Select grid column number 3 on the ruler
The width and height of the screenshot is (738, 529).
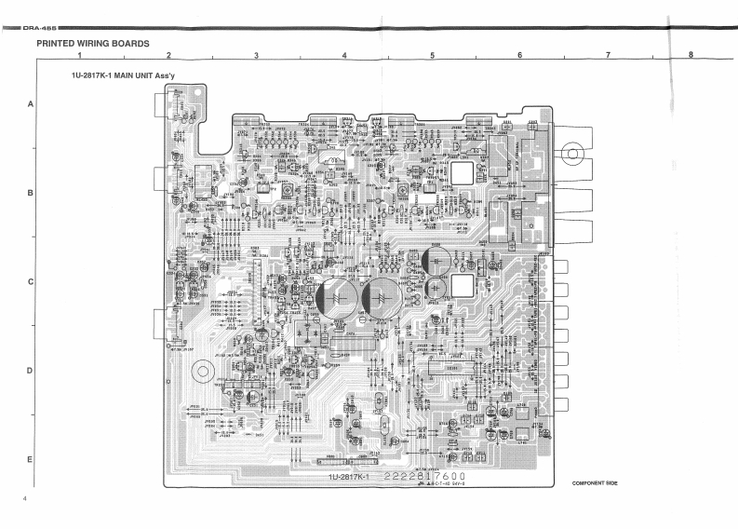(x=256, y=56)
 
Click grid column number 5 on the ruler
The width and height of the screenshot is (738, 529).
(x=432, y=56)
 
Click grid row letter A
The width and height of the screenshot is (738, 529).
(x=30, y=104)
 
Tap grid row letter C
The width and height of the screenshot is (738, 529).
(x=30, y=282)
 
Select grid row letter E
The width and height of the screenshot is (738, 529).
(x=30, y=460)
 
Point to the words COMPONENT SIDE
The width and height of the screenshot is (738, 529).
(x=595, y=483)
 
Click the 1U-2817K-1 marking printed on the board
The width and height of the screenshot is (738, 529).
(x=348, y=478)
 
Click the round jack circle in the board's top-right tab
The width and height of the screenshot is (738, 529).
(x=574, y=153)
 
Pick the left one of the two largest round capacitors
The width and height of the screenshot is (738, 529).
(x=334, y=297)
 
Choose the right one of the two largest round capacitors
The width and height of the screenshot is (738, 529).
(x=381, y=296)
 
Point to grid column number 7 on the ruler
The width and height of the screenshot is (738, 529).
(x=608, y=56)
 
